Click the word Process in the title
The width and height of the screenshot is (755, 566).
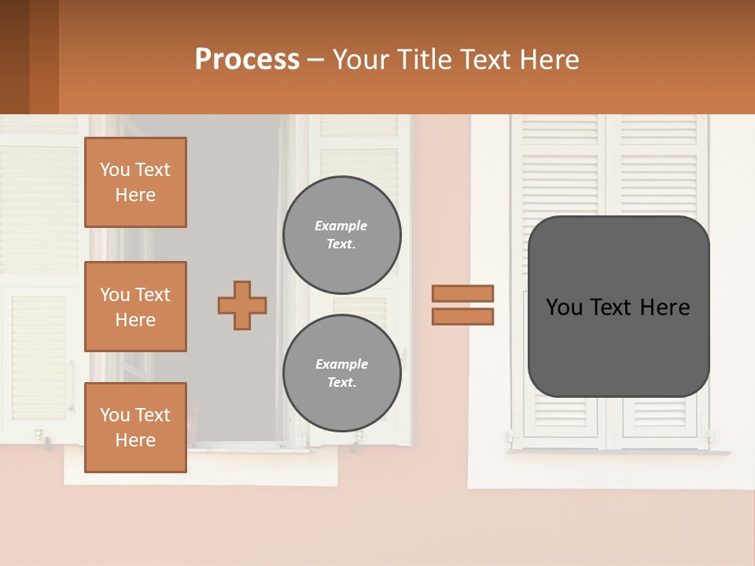[247, 60]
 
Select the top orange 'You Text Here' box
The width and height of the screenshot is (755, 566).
[135, 182]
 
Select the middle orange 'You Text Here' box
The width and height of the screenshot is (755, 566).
[135, 307]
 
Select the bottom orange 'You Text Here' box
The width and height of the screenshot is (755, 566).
[135, 427]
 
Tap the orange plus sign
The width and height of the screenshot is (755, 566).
[242, 305]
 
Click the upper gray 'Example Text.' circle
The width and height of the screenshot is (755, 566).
[342, 234]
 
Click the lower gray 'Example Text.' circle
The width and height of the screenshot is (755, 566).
[342, 373]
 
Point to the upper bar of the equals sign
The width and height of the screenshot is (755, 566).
[462, 293]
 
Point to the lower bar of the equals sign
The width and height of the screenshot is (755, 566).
[462, 316]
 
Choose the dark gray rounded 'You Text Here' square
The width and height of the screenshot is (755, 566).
[618, 307]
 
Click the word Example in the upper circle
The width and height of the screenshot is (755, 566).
[341, 226]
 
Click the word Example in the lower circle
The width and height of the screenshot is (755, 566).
[341, 364]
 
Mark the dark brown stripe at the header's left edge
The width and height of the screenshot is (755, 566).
[14, 57]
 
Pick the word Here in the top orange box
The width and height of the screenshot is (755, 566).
[135, 195]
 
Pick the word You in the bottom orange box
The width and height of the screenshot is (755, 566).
[115, 415]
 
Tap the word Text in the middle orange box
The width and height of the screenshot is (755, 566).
[153, 295]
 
